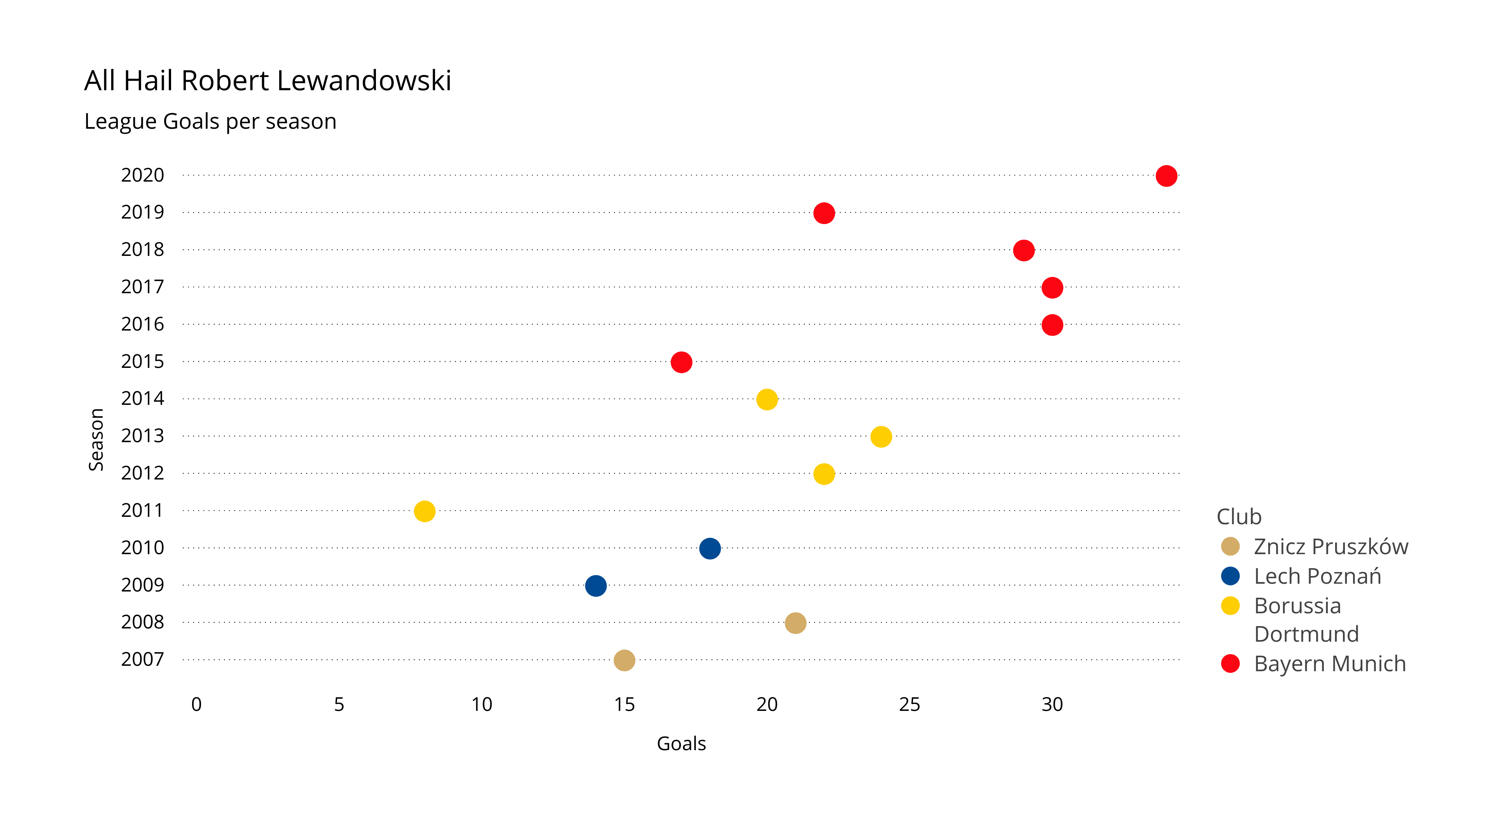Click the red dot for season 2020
[1166, 176]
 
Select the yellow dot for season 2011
[424, 511]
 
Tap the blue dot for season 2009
[596, 586]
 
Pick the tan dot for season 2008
[795, 623]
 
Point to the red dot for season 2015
[681, 362]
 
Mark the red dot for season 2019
[823, 213]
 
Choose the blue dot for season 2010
[710, 548]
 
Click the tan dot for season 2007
[624, 660]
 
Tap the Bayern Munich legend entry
[1330, 664]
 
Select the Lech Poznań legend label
[1317, 576]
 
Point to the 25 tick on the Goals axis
[909, 704]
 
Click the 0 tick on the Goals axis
[196, 704]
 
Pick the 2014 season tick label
[143, 399]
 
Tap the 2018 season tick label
[143, 250]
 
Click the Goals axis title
[681, 744]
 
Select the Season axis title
[96, 439]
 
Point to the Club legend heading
[1239, 516]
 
